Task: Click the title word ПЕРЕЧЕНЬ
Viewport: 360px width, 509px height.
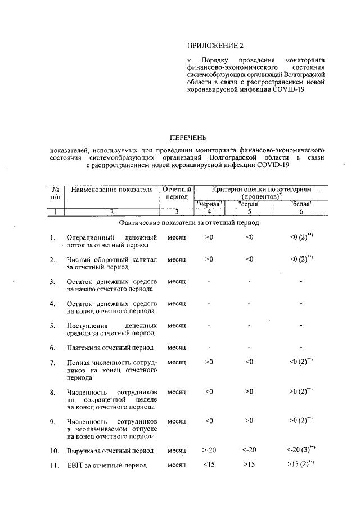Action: pyautogui.click(x=188, y=137)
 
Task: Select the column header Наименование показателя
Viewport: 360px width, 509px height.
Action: pyautogui.click(x=112, y=190)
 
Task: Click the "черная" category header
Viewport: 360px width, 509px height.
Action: pyautogui.click(x=210, y=204)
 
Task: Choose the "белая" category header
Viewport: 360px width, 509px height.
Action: pyautogui.click(x=301, y=204)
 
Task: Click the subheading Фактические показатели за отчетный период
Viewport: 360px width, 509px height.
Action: pyautogui.click(x=188, y=223)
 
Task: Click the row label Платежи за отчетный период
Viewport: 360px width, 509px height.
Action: pyautogui.click(x=107, y=348)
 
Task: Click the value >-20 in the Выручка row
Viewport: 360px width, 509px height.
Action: pyautogui.click(x=209, y=450)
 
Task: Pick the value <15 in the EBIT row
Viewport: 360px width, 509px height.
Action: pyautogui.click(x=209, y=465)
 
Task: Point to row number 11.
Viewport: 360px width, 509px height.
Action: pyautogui.click(x=54, y=465)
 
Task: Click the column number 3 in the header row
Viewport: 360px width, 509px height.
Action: pyautogui.click(x=176, y=212)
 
